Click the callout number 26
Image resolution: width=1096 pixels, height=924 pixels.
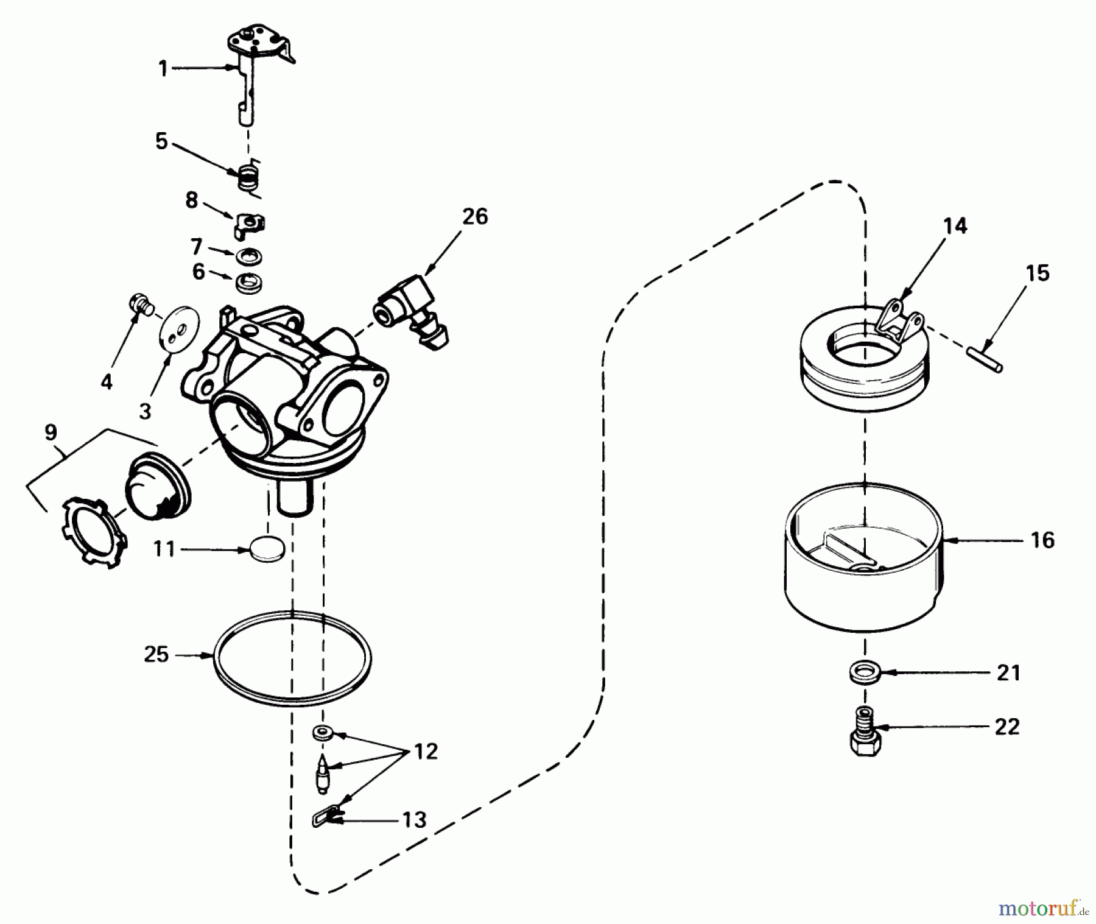pyautogui.click(x=475, y=217)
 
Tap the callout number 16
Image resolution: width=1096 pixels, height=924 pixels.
pyautogui.click(x=1042, y=540)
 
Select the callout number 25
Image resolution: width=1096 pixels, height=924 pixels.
pyautogui.click(x=156, y=655)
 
